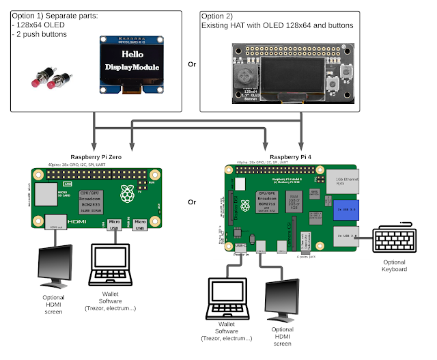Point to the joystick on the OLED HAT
pos(246,74)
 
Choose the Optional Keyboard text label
pos(395,266)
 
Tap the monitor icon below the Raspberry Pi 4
pos(285,300)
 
